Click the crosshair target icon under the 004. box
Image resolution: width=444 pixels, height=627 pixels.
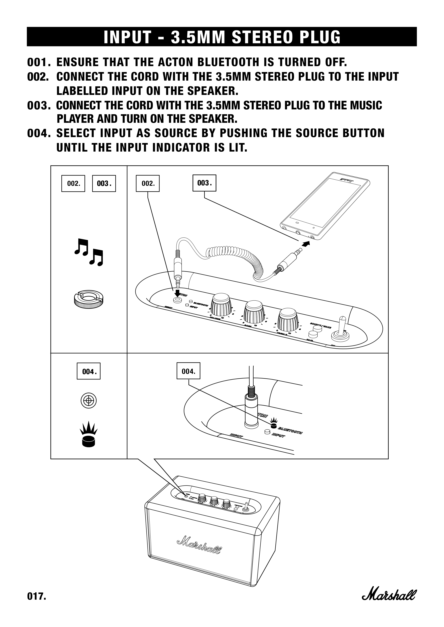[x=89, y=401]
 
